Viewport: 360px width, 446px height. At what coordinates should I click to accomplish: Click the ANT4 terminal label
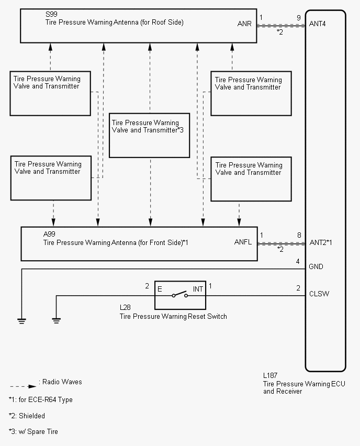tap(317, 24)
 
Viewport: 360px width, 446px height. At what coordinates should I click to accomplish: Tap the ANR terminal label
tap(244, 24)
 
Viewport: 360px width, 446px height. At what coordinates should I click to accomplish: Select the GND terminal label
tap(316, 266)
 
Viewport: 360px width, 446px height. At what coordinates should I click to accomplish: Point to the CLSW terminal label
tap(319, 294)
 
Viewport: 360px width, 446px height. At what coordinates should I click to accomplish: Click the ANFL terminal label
tap(243, 242)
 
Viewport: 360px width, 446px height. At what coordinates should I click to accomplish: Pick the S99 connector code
tap(51, 14)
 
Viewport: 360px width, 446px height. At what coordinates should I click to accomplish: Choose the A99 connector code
tap(49, 234)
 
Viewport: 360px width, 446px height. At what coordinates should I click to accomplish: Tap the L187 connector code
tap(270, 375)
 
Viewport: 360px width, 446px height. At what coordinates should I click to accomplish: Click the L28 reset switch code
tap(125, 307)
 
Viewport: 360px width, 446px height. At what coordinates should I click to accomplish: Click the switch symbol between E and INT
tap(179, 295)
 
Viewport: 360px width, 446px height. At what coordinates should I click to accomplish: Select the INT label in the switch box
tap(198, 289)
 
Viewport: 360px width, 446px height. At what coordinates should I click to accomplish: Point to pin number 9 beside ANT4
tap(299, 18)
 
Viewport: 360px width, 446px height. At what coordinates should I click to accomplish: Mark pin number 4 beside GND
tap(298, 261)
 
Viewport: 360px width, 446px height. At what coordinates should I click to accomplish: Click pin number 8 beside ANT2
tap(299, 235)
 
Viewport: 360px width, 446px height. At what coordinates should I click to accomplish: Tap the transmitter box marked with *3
tap(149, 136)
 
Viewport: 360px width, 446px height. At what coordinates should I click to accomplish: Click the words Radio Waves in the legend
tap(62, 382)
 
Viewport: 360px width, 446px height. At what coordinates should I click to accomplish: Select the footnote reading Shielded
tap(32, 416)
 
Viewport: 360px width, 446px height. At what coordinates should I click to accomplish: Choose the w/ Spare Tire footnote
tap(38, 431)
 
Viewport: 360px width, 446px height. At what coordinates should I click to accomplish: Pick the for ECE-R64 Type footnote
tap(46, 399)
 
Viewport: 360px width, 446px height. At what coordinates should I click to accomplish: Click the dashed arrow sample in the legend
tap(23, 386)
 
